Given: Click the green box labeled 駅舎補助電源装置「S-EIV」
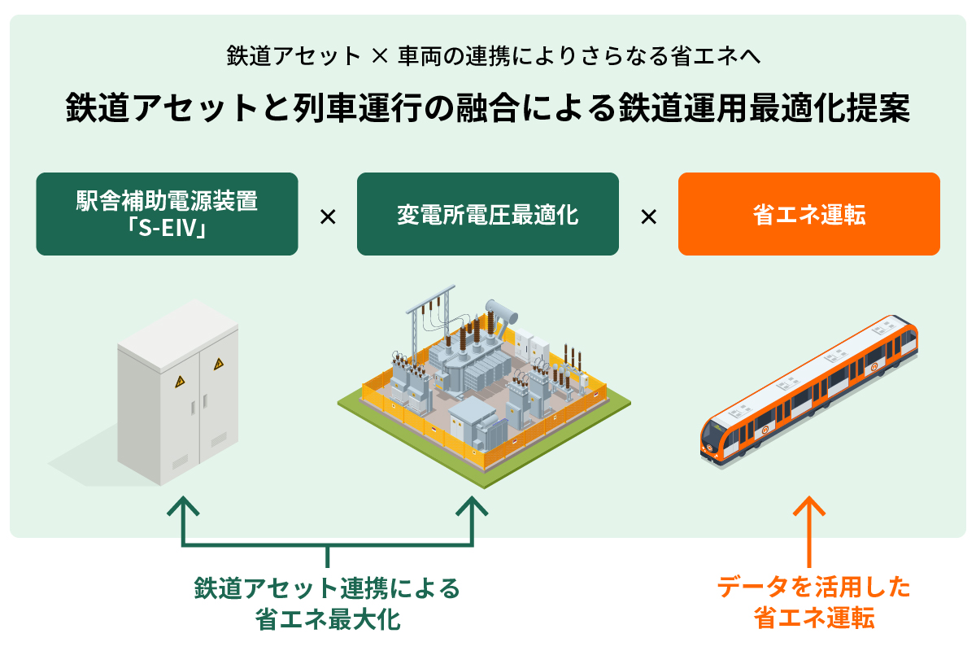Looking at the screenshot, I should (x=167, y=214).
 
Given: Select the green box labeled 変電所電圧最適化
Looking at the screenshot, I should (x=487, y=214).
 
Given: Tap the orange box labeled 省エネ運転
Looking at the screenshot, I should (x=808, y=214).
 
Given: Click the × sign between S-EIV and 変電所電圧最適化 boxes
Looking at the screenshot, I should (x=327, y=217).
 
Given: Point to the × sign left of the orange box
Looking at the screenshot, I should (x=648, y=217).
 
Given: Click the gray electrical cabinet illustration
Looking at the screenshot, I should (x=178, y=391).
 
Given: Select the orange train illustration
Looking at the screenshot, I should (x=809, y=391).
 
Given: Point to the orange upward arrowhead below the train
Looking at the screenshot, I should (x=809, y=506).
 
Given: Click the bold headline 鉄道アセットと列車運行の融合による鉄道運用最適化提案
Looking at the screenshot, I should (x=487, y=108).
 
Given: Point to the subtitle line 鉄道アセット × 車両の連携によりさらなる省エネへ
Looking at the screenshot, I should (x=487, y=56).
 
